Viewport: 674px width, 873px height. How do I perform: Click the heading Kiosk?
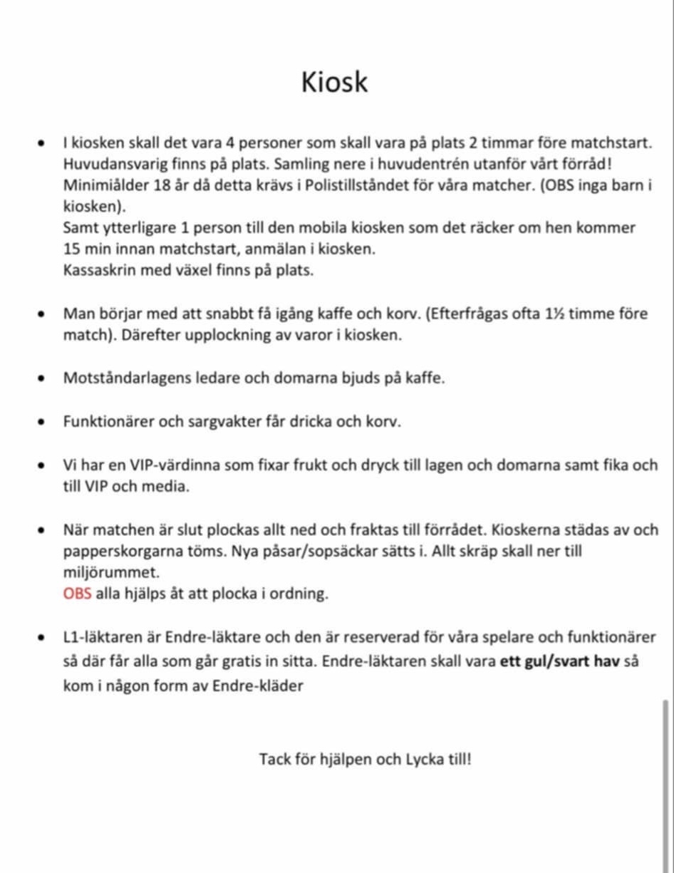pos(334,82)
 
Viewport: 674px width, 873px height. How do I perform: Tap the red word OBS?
pos(77,594)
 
